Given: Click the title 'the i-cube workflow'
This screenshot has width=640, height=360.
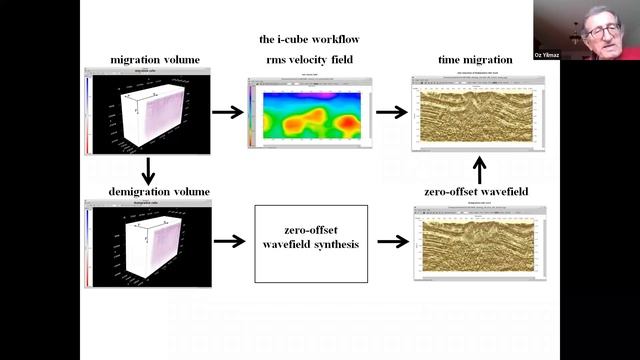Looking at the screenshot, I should pyautogui.click(x=309, y=40).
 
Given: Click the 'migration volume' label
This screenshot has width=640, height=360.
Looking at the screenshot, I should pyautogui.click(x=146, y=60).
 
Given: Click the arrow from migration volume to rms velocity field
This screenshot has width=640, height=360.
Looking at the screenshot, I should pyautogui.click(x=228, y=112).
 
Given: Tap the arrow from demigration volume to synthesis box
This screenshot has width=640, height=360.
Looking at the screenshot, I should pyautogui.click(x=228, y=241).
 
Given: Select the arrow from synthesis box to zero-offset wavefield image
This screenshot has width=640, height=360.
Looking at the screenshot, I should pyautogui.click(x=392, y=241).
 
